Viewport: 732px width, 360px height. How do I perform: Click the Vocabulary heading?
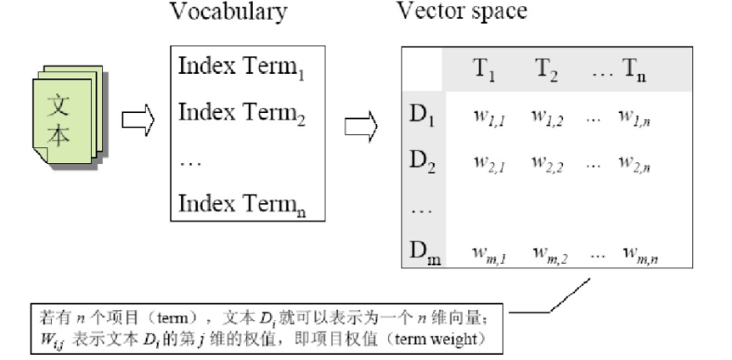[x=228, y=13]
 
